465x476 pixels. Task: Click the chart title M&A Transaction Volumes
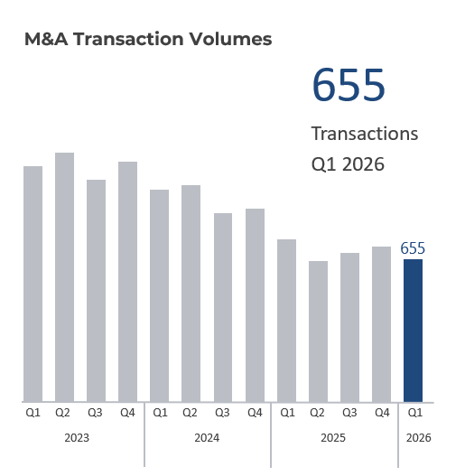148,39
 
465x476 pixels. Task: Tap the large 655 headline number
349,86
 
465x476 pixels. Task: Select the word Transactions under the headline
365,134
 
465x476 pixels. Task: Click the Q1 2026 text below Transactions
348,164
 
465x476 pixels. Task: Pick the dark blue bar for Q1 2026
413,331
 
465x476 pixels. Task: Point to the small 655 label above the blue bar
413,248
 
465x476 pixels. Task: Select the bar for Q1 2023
33,284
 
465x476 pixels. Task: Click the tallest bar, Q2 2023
64,277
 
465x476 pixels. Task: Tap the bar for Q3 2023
96,291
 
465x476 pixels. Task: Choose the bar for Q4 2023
127,282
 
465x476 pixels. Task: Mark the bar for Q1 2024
160,295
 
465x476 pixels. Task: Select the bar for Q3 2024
223,307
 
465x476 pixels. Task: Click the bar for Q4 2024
255,305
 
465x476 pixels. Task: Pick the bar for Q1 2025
286,321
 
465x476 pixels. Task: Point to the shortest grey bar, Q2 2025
318,331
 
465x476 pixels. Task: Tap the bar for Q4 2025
381,324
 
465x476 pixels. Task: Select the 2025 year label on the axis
333,437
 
